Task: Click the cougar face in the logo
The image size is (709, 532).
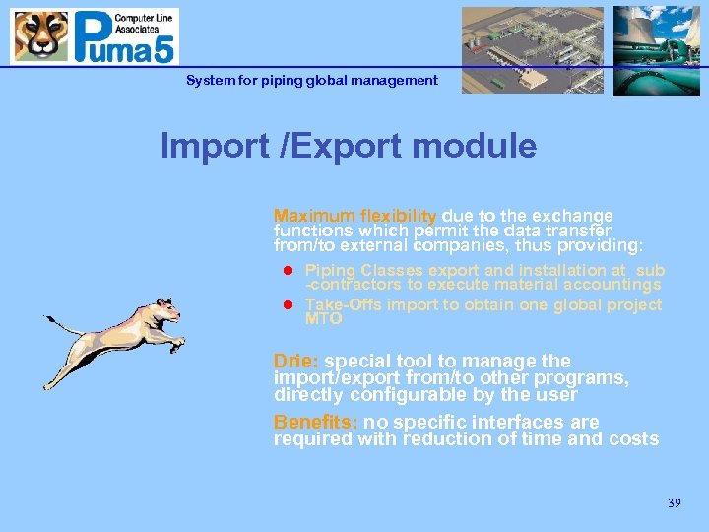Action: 40,36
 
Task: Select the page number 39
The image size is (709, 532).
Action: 674,503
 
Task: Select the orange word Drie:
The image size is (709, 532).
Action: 296,362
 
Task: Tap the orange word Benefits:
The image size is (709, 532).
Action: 316,423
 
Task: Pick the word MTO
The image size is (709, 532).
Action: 324,319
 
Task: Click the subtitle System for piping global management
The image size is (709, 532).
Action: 312,80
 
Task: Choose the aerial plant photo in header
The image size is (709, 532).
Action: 532,50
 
